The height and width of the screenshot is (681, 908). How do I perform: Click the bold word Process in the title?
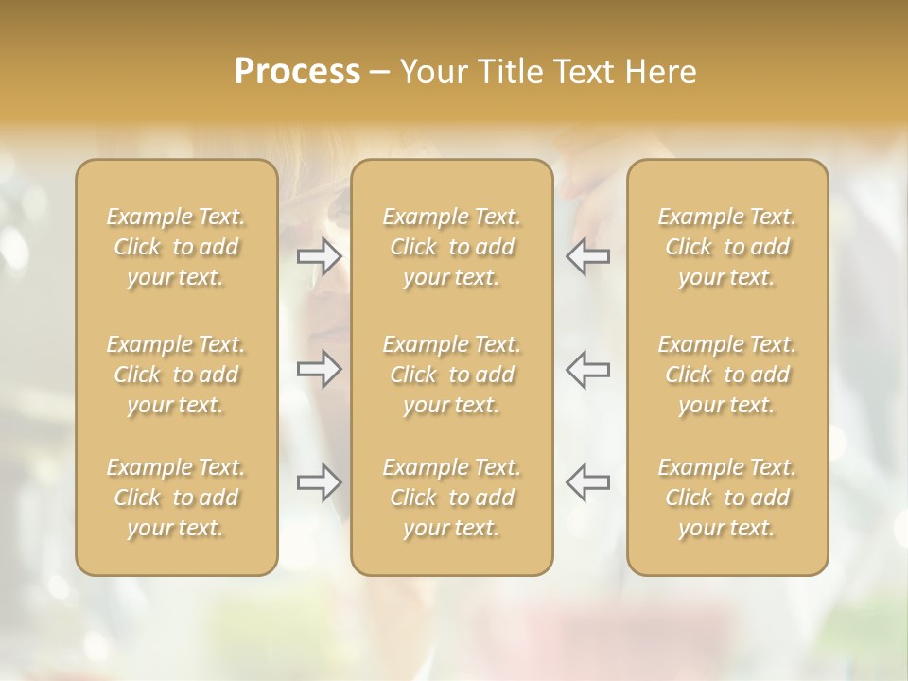(297, 72)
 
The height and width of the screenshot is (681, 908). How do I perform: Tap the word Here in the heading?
(662, 72)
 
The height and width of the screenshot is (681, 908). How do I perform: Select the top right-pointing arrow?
(320, 256)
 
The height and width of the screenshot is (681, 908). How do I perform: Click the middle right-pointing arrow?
(320, 369)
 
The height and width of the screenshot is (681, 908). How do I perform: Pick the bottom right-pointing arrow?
(320, 482)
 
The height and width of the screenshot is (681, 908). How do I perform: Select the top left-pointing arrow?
(587, 256)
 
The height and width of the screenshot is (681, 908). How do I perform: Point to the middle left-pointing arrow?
(587, 369)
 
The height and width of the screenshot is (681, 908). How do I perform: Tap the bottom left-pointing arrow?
(587, 482)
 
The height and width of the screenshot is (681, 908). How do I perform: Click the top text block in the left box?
(176, 247)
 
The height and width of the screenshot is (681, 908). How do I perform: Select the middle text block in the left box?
(176, 375)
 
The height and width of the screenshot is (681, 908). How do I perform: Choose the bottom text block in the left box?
(176, 498)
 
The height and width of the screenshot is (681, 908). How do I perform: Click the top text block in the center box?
(452, 247)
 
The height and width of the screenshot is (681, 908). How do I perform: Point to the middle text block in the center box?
(452, 375)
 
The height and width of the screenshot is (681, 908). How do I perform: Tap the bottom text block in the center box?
(452, 498)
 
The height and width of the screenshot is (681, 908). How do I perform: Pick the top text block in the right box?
(727, 247)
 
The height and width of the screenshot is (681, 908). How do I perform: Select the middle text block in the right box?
(727, 375)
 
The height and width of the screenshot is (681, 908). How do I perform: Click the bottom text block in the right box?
(727, 498)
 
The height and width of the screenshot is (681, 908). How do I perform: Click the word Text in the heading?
(585, 72)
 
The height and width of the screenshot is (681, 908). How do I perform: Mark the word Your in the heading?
(432, 72)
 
